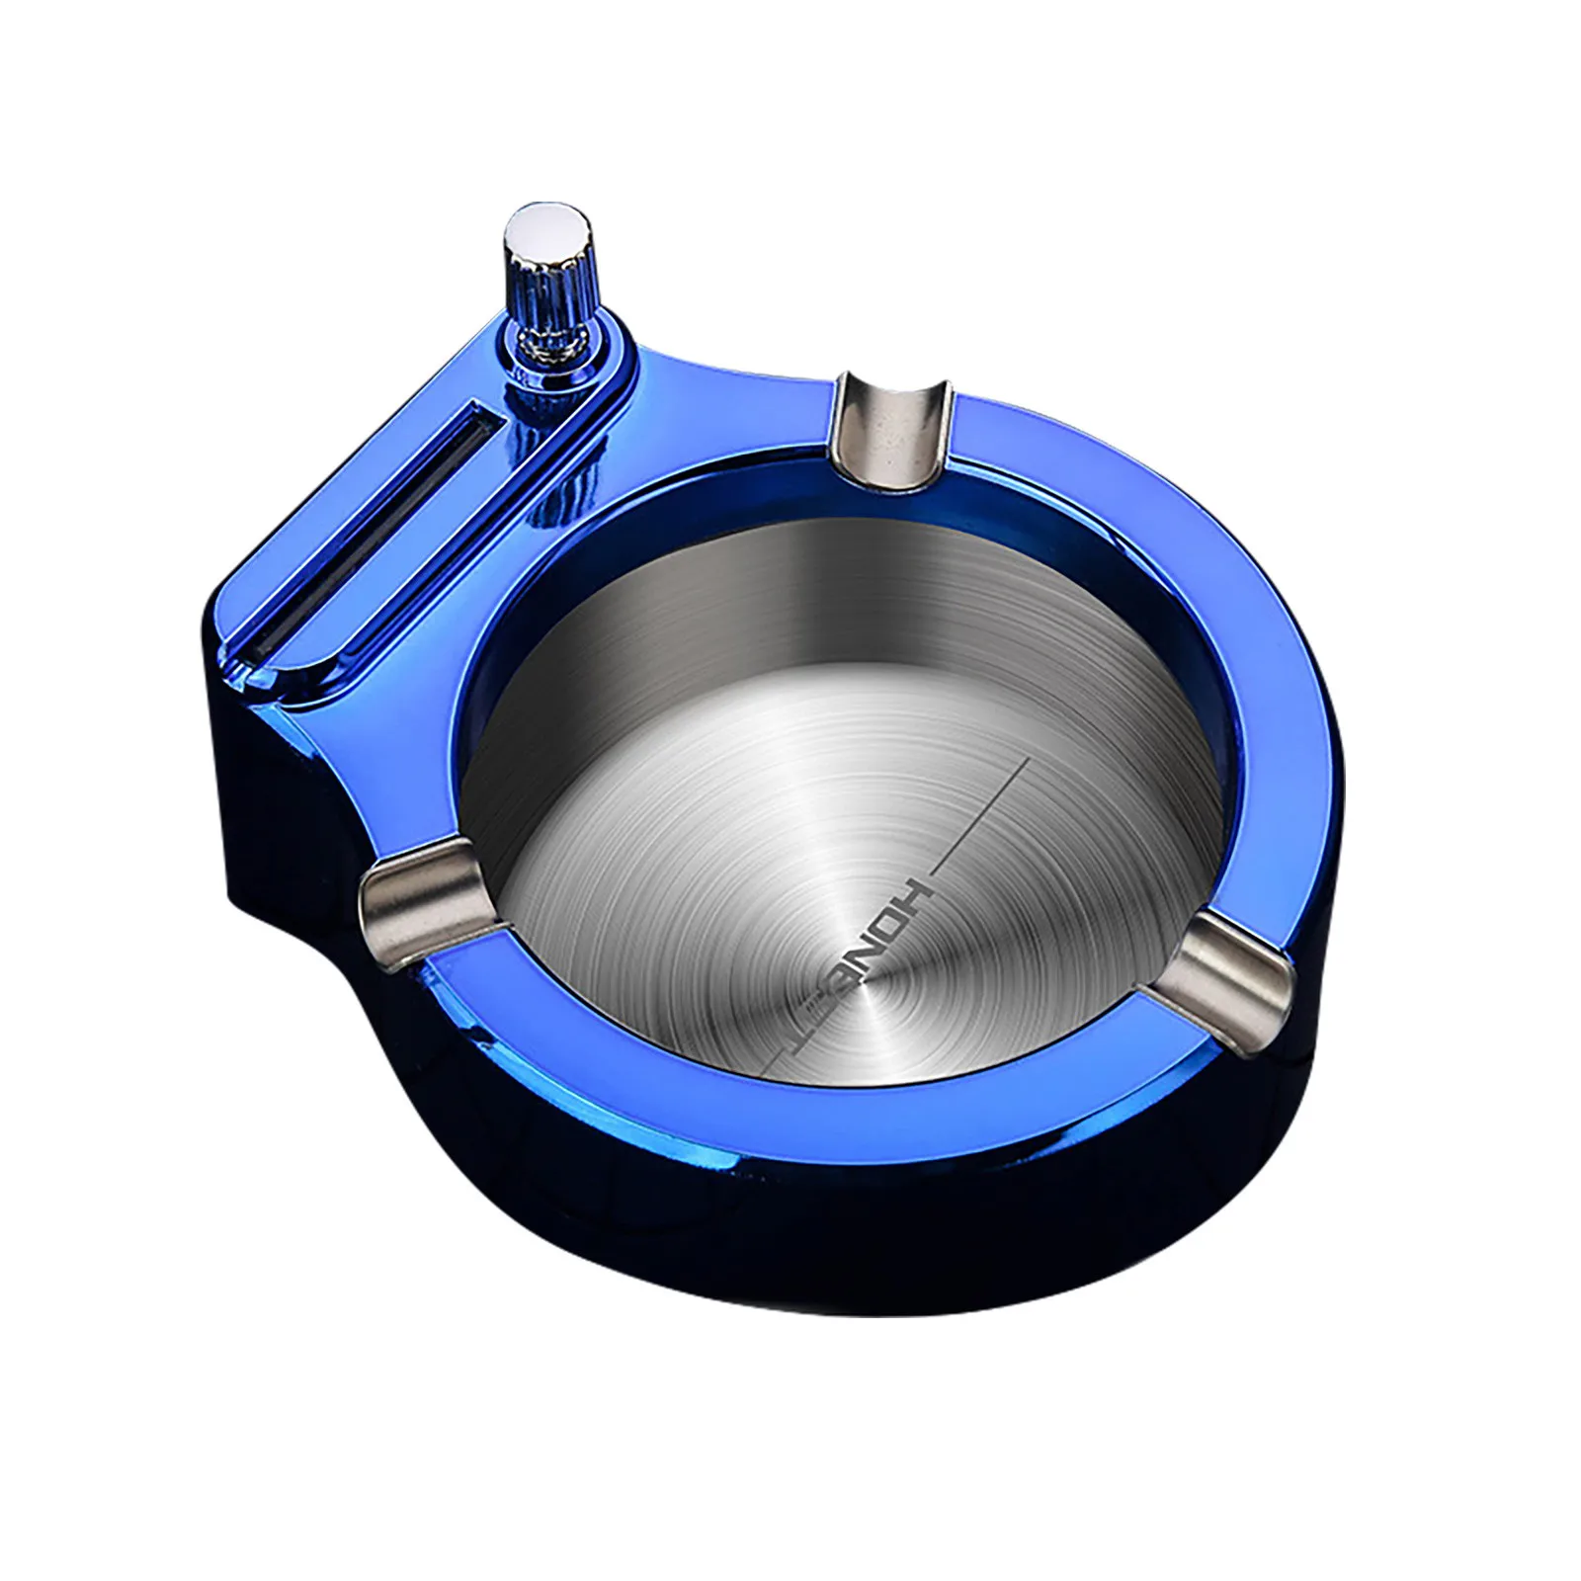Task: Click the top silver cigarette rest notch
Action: [894, 426]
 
